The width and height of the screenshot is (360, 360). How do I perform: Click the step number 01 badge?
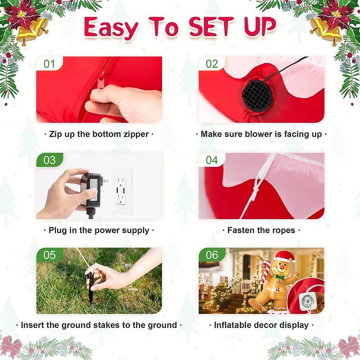(49, 63)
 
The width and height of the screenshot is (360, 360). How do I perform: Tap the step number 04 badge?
(211, 160)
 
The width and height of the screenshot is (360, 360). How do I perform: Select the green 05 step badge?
(49, 255)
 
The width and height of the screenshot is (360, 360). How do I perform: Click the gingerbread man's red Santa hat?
(284, 256)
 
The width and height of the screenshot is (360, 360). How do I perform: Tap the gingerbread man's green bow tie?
(280, 277)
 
